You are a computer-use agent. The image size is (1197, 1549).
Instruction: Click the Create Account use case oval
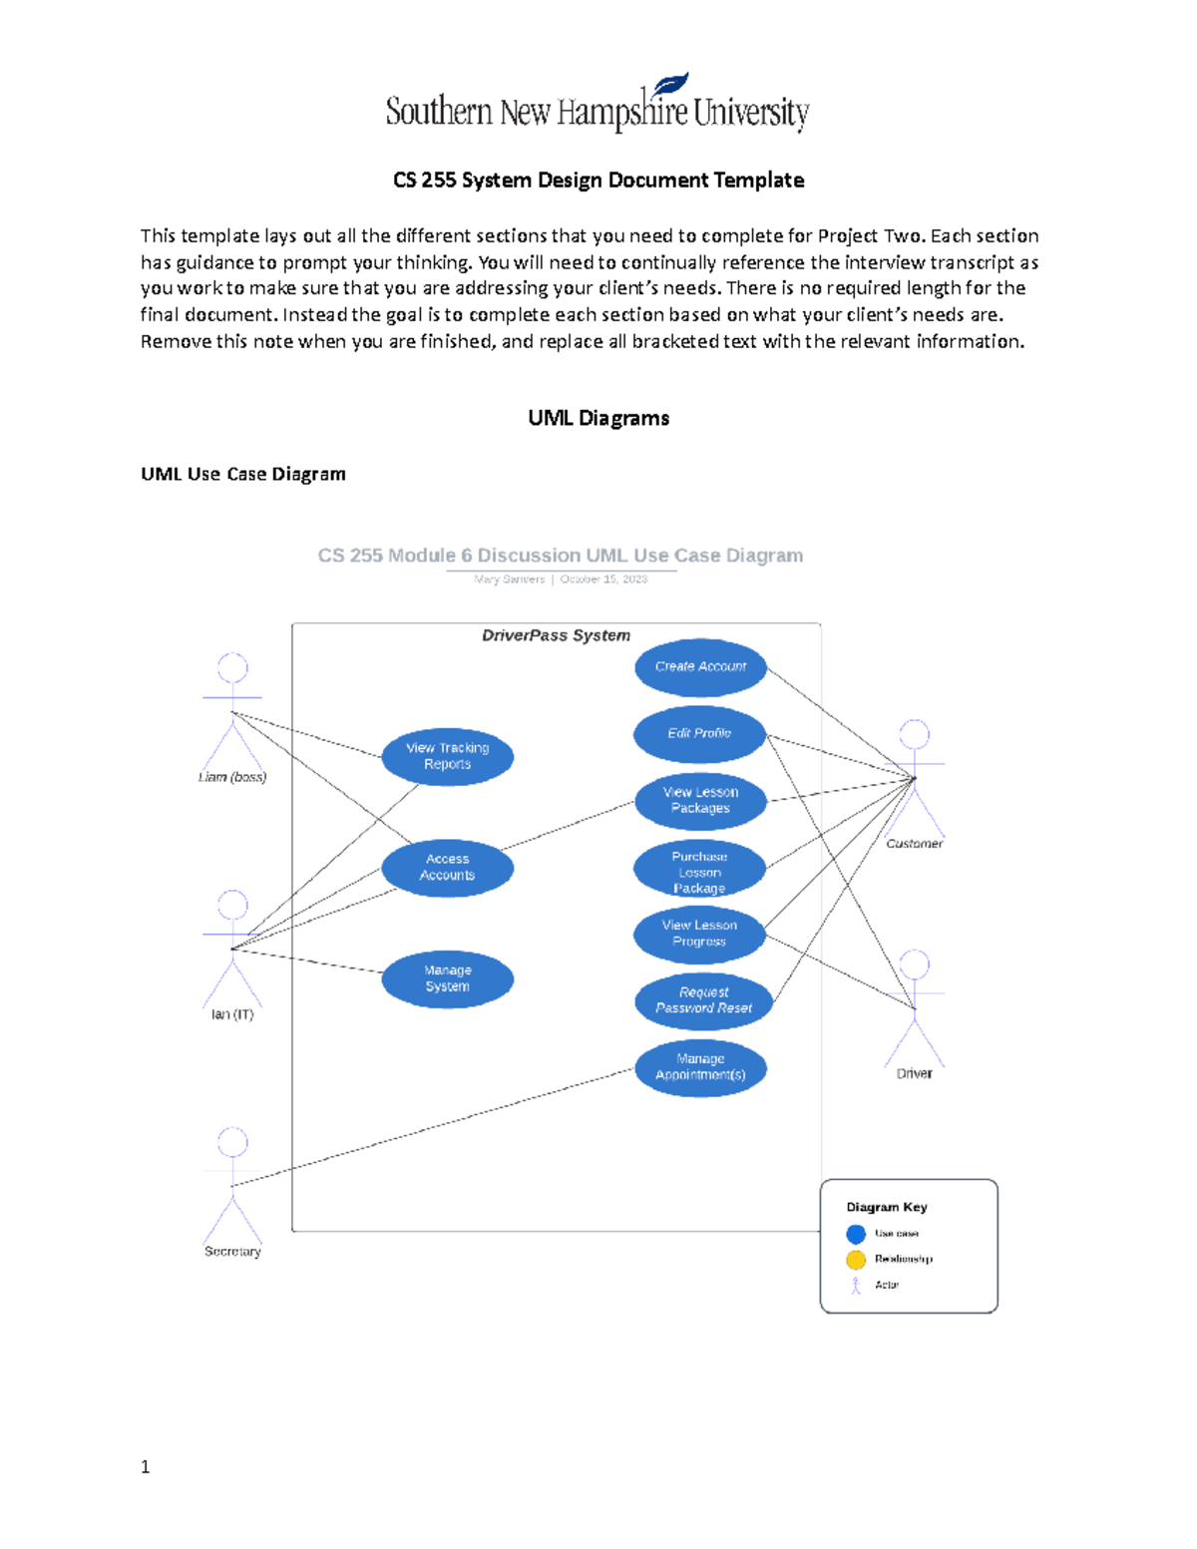[700, 667]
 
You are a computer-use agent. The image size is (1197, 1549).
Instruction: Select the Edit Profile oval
[699, 734]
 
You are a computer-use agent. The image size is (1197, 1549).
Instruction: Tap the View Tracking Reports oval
[447, 756]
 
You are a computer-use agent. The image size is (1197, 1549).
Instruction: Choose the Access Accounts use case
[447, 868]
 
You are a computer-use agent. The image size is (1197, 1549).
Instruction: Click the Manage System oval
[447, 978]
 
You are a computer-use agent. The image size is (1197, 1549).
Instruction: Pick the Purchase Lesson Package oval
[699, 872]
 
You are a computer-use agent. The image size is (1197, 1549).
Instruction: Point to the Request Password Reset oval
[703, 1000]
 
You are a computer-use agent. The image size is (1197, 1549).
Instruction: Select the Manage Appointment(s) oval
[700, 1067]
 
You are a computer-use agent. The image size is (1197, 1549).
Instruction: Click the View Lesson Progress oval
[699, 934]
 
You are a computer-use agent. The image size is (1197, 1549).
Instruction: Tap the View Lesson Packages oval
[700, 801]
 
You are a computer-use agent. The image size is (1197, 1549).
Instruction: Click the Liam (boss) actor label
[232, 777]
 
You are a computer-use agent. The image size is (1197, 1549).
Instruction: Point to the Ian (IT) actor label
[232, 1014]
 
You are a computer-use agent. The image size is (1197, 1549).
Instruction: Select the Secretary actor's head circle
[232, 1141]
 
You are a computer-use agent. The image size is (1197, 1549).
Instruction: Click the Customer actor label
[914, 844]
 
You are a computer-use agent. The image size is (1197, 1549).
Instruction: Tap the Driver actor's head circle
[914, 964]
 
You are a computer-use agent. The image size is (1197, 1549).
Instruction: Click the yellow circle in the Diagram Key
[856, 1260]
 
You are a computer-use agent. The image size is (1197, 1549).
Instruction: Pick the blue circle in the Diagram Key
[856, 1234]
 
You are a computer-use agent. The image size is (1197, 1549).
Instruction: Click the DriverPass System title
[556, 635]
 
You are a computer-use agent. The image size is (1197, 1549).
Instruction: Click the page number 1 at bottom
[146, 1466]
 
